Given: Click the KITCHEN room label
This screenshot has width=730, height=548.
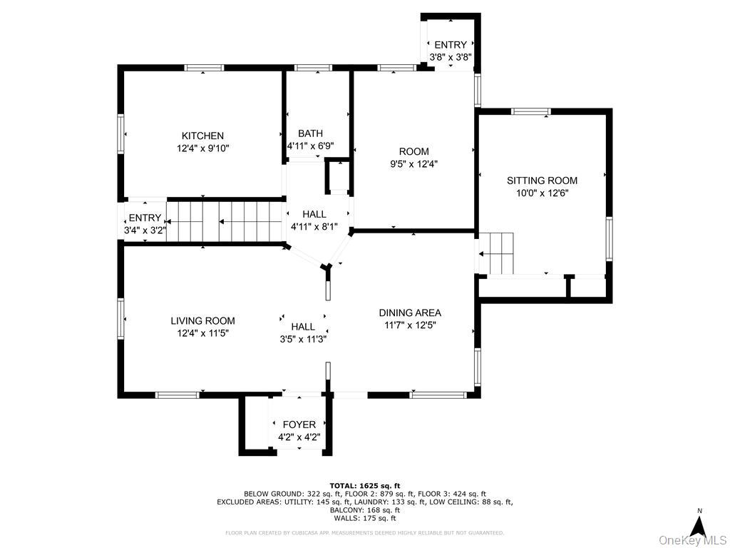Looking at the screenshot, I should coord(202,136).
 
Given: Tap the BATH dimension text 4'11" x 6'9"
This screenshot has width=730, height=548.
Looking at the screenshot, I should coord(310,146).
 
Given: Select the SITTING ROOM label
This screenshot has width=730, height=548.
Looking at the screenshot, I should coord(542,181).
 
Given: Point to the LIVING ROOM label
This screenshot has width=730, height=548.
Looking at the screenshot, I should coord(202,321).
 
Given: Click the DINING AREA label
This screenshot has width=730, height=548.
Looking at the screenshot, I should coord(409,313).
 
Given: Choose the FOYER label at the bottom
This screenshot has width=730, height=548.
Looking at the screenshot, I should coord(299,425).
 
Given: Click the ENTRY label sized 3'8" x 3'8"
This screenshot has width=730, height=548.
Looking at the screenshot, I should coord(450,45).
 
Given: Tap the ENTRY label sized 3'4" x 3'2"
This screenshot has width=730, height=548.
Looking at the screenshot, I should coord(145,218).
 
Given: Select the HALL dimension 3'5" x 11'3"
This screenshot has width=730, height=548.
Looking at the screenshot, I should coord(303,339).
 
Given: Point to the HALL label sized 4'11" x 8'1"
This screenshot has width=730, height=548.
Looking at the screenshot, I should coord(314,214).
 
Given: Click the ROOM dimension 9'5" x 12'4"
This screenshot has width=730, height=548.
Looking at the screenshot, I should coord(413,163).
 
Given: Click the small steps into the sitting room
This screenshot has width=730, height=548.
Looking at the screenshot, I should coord(496,253).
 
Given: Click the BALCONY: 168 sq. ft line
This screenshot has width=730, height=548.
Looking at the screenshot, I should coord(364,510).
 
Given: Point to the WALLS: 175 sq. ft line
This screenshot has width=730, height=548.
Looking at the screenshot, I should coord(364,519).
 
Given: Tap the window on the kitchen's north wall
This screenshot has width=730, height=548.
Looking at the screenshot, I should coord(204,68).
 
